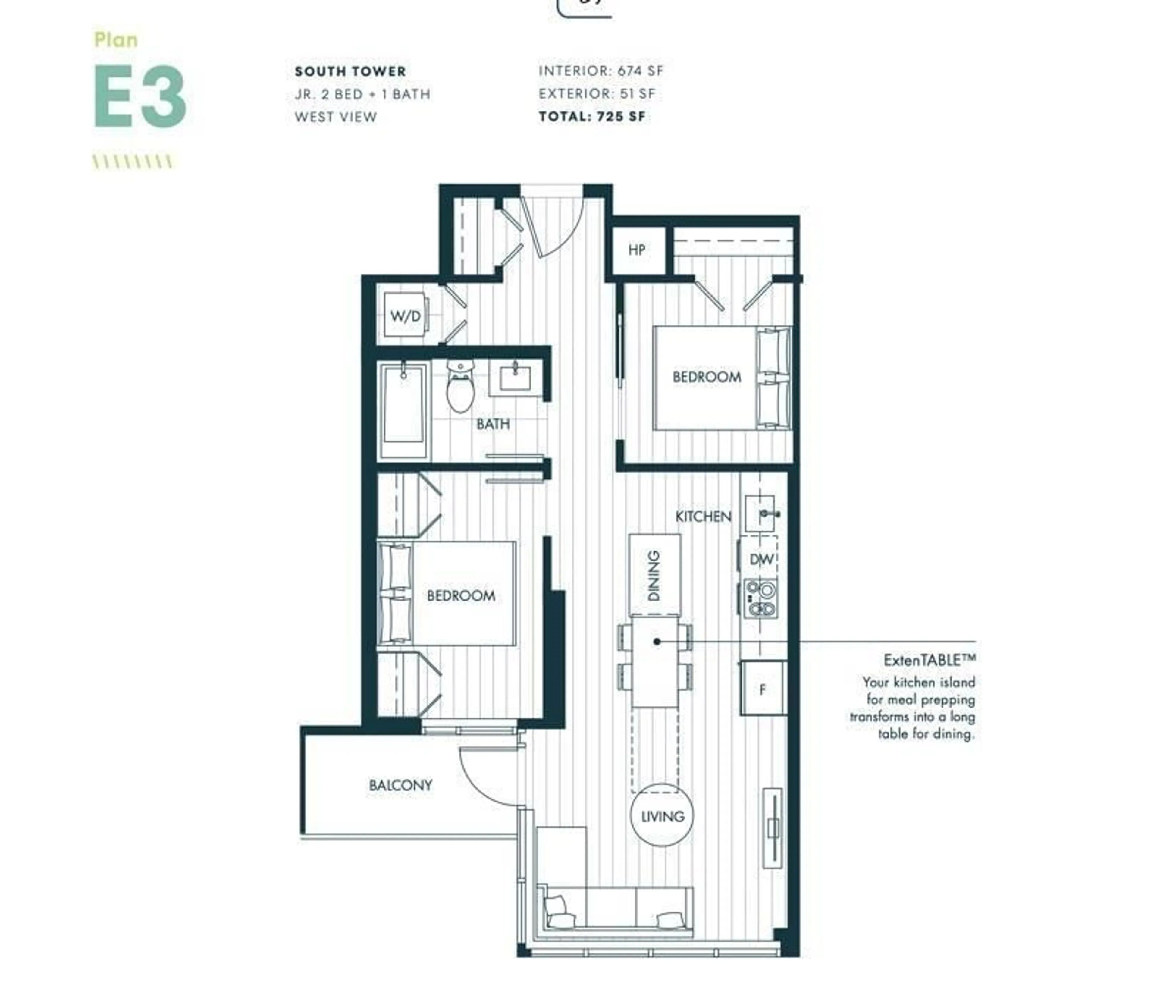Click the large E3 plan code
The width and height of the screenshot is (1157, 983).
point(139,96)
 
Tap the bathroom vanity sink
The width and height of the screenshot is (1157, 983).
point(515,378)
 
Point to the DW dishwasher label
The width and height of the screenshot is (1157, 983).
point(760,559)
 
